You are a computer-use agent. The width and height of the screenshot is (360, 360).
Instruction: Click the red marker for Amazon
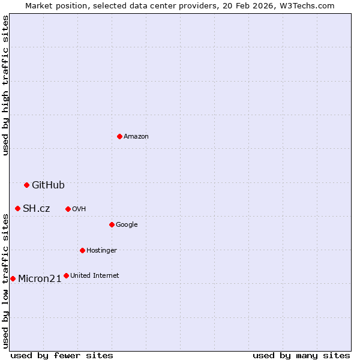(x=120, y=137)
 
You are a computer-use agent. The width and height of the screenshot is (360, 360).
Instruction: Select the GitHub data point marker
(x=26, y=185)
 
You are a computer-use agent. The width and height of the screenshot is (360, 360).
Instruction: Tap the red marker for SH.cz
(x=17, y=208)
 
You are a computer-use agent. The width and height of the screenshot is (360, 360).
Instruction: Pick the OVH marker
(x=68, y=209)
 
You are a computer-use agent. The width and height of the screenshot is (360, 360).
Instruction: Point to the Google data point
(x=112, y=224)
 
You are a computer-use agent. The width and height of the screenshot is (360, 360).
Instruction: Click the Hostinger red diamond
(x=82, y=250)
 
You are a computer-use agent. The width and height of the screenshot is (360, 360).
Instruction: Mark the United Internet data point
(x=66, y=275)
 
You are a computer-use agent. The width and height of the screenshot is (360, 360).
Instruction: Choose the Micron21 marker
(x=13, y=278)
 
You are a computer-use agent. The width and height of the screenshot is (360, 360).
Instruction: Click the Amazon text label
(x=136, y=137)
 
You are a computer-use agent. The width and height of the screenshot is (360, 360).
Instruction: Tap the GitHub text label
(x=48, y=185)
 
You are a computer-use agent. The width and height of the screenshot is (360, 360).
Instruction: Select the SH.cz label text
(x=36, y=208)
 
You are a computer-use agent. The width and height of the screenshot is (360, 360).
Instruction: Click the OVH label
(x=79, y=209)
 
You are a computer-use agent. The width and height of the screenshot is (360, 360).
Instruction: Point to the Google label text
(x=127, y=224)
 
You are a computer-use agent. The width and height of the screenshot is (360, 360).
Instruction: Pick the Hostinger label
(x=101, y=250)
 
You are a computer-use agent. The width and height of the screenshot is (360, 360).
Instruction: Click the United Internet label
(x=94, y=275)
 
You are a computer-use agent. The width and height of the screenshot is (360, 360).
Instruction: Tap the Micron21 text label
(x=40, y=278)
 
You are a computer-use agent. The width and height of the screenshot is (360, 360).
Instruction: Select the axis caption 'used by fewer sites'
(x=62, y=355)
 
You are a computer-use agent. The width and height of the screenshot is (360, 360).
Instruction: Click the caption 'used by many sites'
(x=301, y=355)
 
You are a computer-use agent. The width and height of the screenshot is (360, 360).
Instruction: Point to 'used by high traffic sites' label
(x=5, y=85)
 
